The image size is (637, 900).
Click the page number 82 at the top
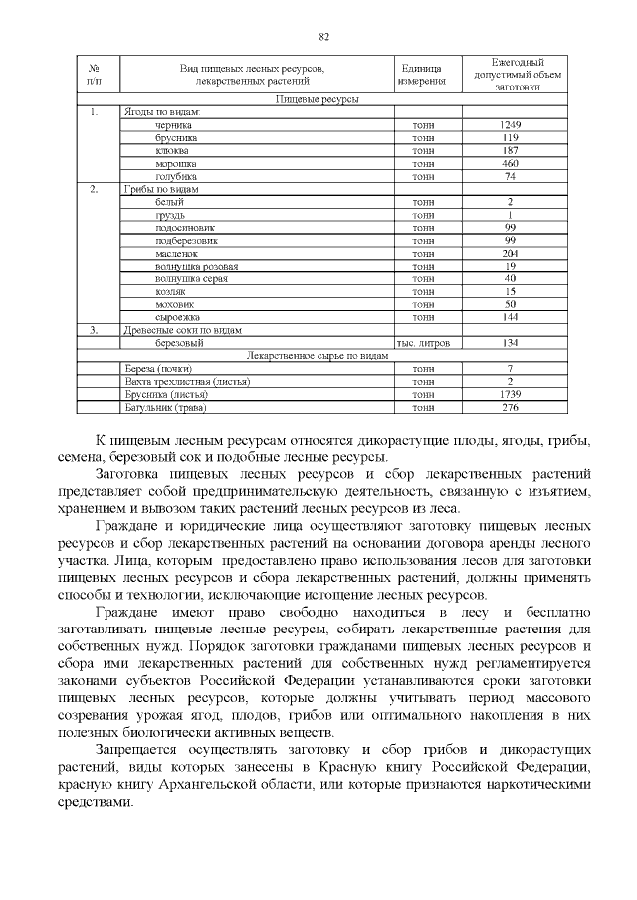(x=323, y=37)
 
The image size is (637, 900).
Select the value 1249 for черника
(x=510, y=125)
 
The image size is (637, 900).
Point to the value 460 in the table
(x=510, y=163)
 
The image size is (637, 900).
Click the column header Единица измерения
(x=420, y=74)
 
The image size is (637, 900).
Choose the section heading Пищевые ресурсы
(x=317, y=99)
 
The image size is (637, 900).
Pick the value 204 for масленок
(x=510, y=253)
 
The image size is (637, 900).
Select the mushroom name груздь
(x=170, y=215)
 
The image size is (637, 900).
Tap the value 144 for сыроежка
(x=510, y=316)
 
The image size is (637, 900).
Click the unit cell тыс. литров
(x=423, y=342)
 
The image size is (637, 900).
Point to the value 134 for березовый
(x=510, y=342)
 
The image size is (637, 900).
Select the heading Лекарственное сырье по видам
(x=317, y=355)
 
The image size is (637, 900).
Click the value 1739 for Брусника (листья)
(x=510, y=394)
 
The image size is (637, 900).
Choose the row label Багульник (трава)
(x=163, y=407)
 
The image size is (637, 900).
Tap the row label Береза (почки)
(x=156, y=368)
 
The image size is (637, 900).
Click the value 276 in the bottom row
(x=510, y=407)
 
